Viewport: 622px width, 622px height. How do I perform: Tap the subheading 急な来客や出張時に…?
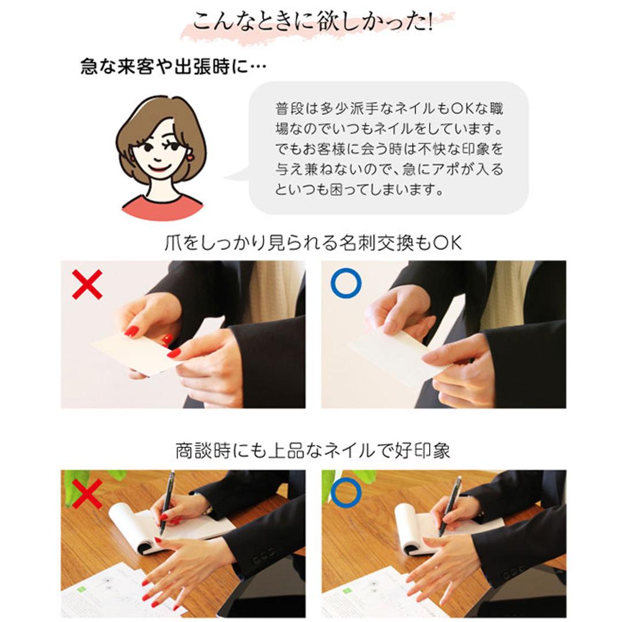(x=173, y=67)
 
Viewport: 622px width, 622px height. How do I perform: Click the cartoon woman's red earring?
(x=188, y=156)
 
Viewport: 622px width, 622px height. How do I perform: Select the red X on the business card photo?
(x=87, y=285)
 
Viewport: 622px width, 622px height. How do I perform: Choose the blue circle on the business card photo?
(x=346, y=283)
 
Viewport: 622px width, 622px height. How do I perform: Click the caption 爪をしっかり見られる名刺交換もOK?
(x=313, y=242)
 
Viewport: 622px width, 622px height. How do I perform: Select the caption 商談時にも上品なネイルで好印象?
(x=313, y=450)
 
